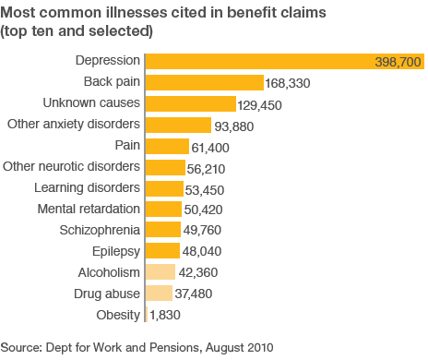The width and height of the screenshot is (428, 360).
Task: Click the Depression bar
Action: point(285,61)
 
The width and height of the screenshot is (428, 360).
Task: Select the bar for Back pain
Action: point(205,82)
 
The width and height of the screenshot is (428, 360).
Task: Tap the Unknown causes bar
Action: point(191,103)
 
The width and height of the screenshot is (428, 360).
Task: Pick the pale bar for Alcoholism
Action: point(160,272)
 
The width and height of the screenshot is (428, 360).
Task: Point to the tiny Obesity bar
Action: point(147,315)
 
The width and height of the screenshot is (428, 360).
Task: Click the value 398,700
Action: point(398,62)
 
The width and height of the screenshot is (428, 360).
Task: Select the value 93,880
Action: point(234,126)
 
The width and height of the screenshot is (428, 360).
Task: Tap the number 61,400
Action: point(210,148)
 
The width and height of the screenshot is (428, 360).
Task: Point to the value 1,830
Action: point(165,315)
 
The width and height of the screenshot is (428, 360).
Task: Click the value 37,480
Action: point(194,294)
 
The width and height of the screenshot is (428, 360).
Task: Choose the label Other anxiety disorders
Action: point(74,124)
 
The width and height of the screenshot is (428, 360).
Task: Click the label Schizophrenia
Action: point(100,230)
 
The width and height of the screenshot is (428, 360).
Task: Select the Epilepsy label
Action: point(116,252)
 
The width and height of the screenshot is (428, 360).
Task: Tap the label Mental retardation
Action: point(89,209)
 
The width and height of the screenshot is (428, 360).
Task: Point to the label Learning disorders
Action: point(87,188)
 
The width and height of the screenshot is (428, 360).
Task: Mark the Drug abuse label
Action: point(107,294)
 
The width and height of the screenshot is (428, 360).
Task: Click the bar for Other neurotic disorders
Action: point(165,167)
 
